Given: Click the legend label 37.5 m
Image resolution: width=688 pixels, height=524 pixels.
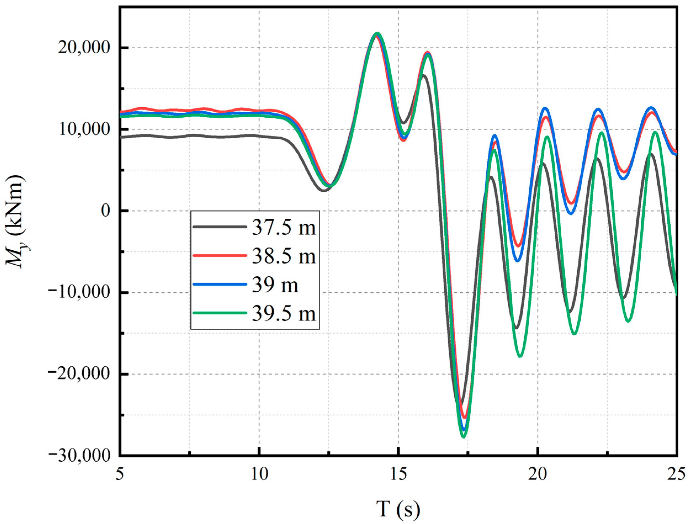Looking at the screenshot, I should pyautogui.click(x=283, y=228).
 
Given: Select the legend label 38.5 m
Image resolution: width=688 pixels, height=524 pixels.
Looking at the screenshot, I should pyautogui.click(x=283, y=257).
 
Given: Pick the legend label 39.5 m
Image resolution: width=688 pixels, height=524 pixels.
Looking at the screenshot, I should pyautogui.click(x=283, y=313).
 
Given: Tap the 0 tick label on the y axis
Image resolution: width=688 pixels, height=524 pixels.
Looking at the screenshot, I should pyautogui.click(x=106, y=211).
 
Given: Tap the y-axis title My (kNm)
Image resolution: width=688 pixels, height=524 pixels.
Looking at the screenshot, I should pyautogui.click(x=16, y=222).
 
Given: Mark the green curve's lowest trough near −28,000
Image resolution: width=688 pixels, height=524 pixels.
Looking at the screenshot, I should pyautogui.click(x=464, y=437).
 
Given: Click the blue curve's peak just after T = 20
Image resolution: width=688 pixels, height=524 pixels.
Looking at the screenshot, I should pyautogui.click(x=545, y=108).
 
